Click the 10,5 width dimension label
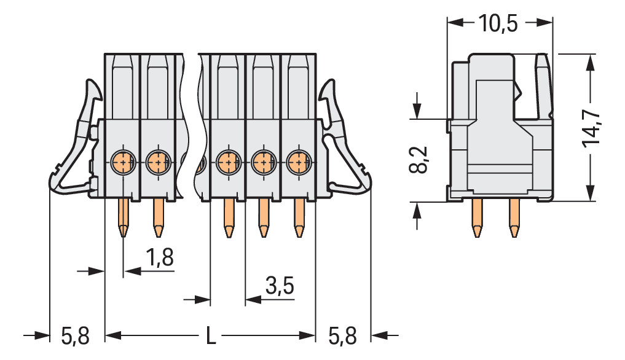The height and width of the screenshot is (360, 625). (498, 23)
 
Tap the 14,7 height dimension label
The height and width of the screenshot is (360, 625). (592, 128)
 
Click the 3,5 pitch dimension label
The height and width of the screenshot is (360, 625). (280, 286)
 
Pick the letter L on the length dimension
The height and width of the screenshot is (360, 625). (210, 336)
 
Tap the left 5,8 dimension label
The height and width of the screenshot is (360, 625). (75, 336)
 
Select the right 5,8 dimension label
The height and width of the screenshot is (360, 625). (342, 336)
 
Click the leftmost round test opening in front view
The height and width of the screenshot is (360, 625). (123, 163)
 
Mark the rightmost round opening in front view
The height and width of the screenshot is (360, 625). (298, 163)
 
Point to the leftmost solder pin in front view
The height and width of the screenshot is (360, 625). (123, 218)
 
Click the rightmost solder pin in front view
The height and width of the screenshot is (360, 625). (299, 218)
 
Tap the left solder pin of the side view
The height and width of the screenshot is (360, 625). (476, 220)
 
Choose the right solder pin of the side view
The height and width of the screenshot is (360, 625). (514, 220)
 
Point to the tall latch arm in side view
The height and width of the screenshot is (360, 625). (543, 86)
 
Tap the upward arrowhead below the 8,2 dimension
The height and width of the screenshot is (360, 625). (417, 211)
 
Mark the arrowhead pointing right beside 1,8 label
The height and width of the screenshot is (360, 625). (96, 270)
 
